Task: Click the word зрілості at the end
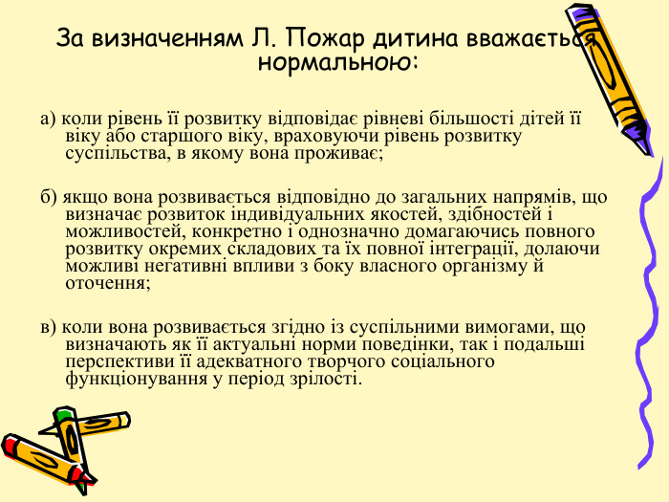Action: pyautogui.click(x=326, y=378)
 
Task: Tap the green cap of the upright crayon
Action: pyautogui.click(x=64, y=416)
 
